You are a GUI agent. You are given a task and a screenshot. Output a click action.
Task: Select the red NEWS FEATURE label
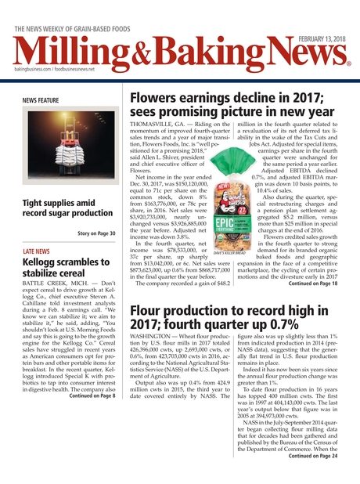click(41, 102)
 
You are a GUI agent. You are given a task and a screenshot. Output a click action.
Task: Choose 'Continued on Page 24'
click(312, 454)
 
